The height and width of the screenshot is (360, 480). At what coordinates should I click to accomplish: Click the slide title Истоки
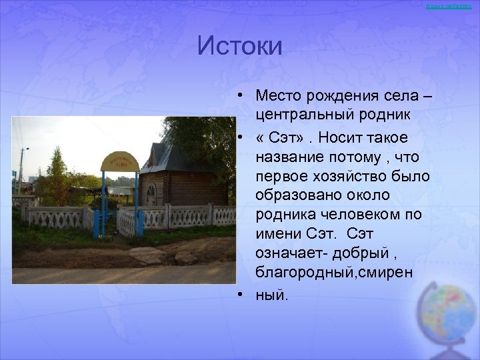(240, 46)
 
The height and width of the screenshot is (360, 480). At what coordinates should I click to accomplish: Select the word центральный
(304, 115)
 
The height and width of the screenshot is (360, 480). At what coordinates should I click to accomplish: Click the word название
(287, 155)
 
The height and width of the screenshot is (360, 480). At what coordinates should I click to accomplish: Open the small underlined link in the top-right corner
(453, 6)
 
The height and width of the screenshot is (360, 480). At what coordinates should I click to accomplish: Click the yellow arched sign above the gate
(119, 162)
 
